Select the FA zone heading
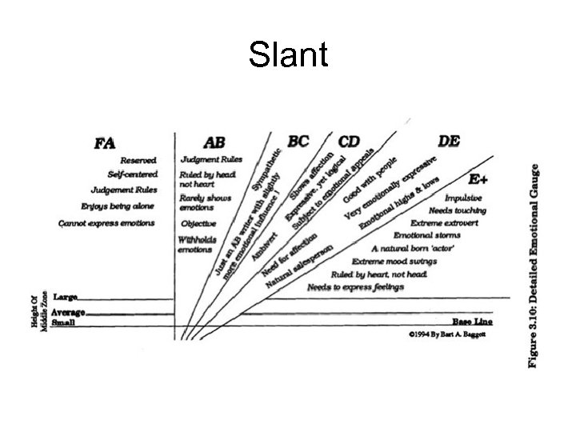(x=105, y=143)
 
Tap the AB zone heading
(x=214, y=142)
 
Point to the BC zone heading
(x=298, y=142)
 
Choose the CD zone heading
(x=349, y=142)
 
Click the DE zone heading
(x=449, y=141)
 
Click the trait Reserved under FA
(x=138, y=161)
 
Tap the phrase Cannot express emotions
(x=107, y=222)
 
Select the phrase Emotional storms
(x=424, y=235)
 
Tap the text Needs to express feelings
(x=356, y=286)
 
